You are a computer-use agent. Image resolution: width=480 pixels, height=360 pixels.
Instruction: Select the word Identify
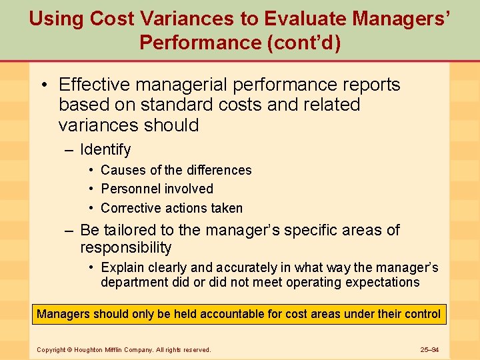tap(105, 149)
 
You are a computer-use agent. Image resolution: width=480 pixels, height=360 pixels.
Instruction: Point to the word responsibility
tap(126, 248)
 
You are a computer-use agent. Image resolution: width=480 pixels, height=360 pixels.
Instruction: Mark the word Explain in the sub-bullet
tap(123, 267)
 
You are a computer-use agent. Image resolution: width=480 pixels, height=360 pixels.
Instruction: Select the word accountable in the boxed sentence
tap(227, 313)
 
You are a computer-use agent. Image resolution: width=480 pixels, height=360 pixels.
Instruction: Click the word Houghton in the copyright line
tap(91, 349)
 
